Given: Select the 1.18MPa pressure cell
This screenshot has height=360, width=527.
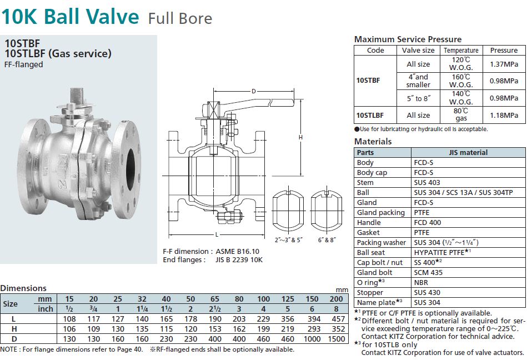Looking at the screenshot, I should (x=504, y=115).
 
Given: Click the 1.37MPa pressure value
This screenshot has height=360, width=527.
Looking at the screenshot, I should (x=504, y=64).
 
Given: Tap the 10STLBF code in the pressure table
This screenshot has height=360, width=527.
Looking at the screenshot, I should (x=369, y=115).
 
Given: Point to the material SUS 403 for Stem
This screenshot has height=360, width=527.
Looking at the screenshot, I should (x=428, y=182).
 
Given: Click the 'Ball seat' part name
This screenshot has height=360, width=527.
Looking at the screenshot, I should (x=371, y=252).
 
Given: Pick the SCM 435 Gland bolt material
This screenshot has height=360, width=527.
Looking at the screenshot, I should (x=428, y=272).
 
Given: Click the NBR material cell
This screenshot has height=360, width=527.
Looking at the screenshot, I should (x=421, y=282).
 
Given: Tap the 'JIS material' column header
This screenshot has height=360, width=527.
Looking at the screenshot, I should (x=468, y=152).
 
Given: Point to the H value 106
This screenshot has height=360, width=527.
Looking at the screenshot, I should (x=69, y=329).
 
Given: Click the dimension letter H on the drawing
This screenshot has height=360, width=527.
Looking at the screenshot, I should (x=300, y=137).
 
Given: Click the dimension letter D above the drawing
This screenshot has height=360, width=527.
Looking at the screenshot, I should (x=253, y=91).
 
